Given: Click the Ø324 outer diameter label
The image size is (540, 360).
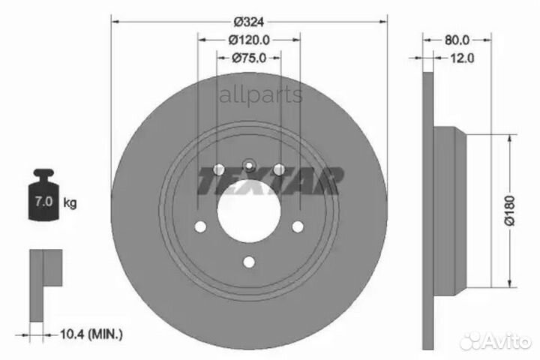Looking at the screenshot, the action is (249, 22).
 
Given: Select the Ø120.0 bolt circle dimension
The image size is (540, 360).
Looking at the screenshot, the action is (249, 40).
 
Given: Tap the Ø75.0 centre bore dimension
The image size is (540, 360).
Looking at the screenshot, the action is (249, 58).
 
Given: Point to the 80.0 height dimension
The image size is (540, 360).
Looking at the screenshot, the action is (457, 40).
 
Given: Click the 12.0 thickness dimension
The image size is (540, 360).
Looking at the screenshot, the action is (462, 58).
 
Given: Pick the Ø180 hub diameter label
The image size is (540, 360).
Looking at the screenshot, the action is (509, 211).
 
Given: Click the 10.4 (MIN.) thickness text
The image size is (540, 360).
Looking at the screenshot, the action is (91, 334).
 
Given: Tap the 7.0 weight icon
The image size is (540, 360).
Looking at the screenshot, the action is (43, 195).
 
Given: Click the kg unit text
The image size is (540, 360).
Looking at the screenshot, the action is (70, 202).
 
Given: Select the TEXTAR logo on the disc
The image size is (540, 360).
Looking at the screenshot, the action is (270, 181).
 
